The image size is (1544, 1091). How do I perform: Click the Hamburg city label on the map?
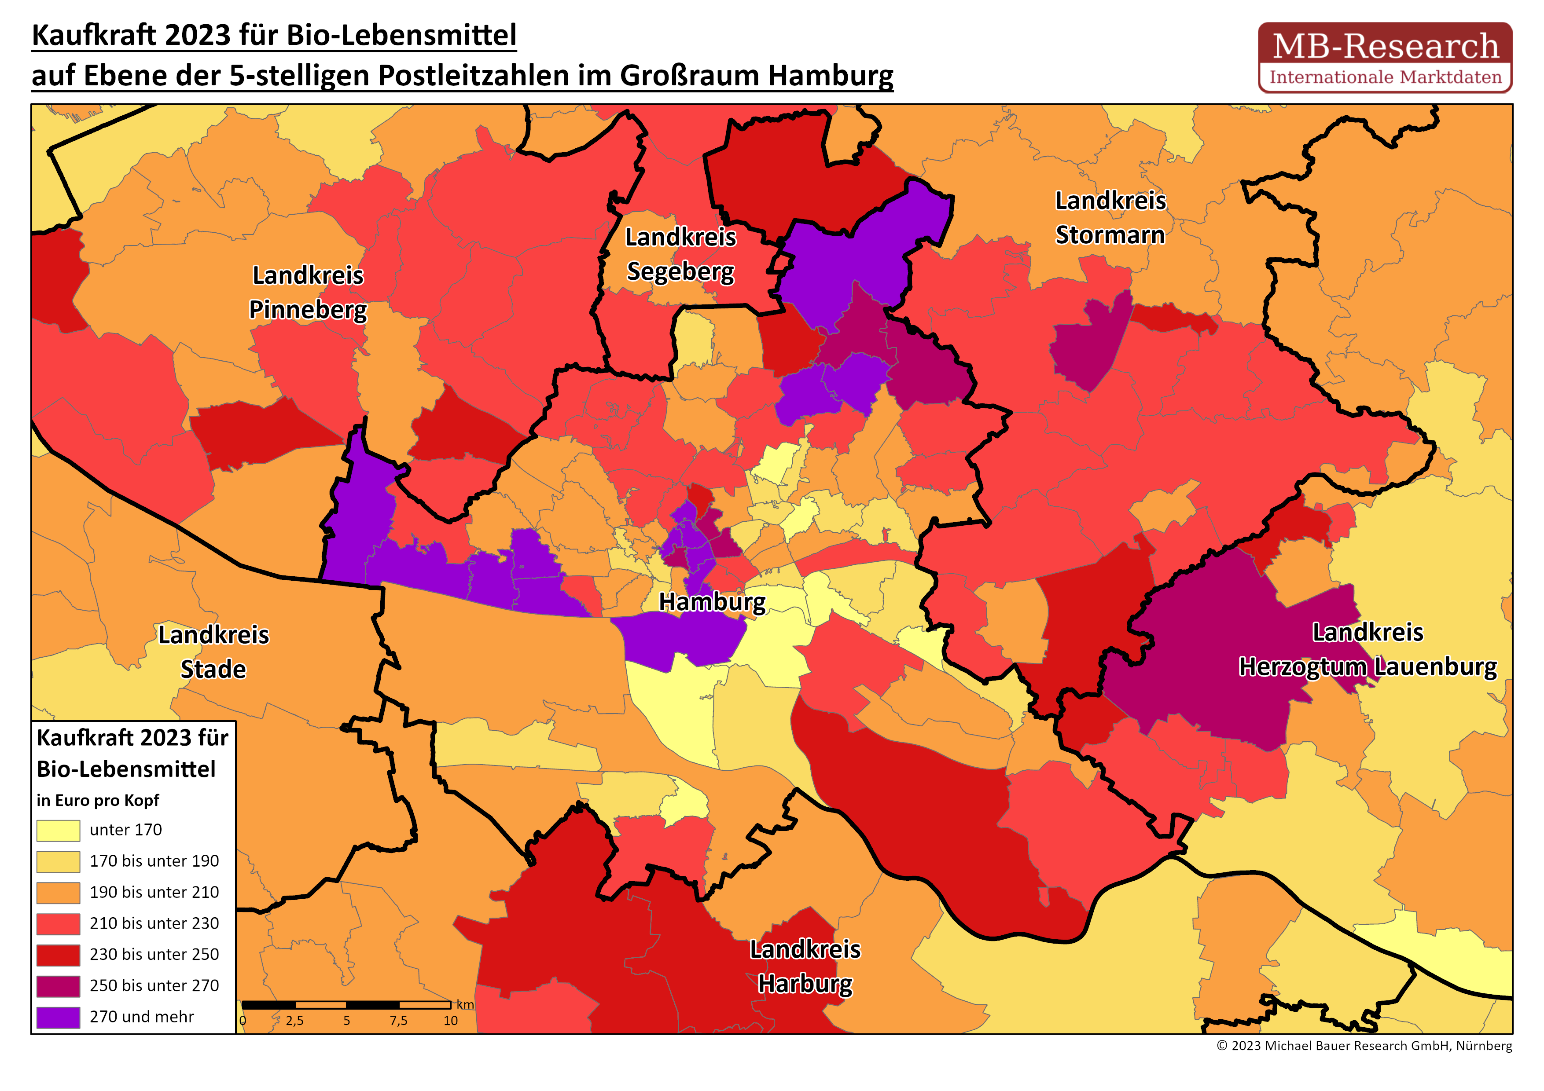(x=711, y=602)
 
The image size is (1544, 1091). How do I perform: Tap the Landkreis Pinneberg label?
(x=308, y=293)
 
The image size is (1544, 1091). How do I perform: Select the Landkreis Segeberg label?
(x=680, y=254)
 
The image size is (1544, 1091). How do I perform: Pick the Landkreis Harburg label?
(x=805, y=966)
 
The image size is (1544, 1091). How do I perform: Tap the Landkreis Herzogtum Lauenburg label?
(x=1368, y=649)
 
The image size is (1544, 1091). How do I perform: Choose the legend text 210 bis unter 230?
(x=154, y=923)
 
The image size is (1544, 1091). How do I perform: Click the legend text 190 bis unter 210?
(x=154, y=892)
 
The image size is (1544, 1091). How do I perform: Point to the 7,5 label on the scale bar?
(x=398, y=1021)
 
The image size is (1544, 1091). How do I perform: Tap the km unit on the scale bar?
(x=465, y=1004)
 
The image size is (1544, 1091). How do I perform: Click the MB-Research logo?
(x=1385, y=57)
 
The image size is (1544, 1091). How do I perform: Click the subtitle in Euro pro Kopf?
(x=98, y=800)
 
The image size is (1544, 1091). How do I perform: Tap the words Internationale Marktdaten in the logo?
(x=1385, y=77)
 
